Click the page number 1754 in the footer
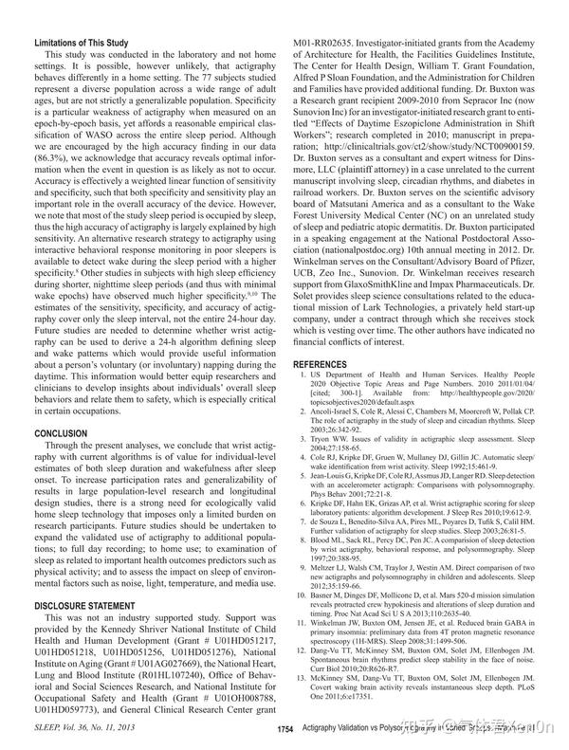[x=285, y=728]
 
